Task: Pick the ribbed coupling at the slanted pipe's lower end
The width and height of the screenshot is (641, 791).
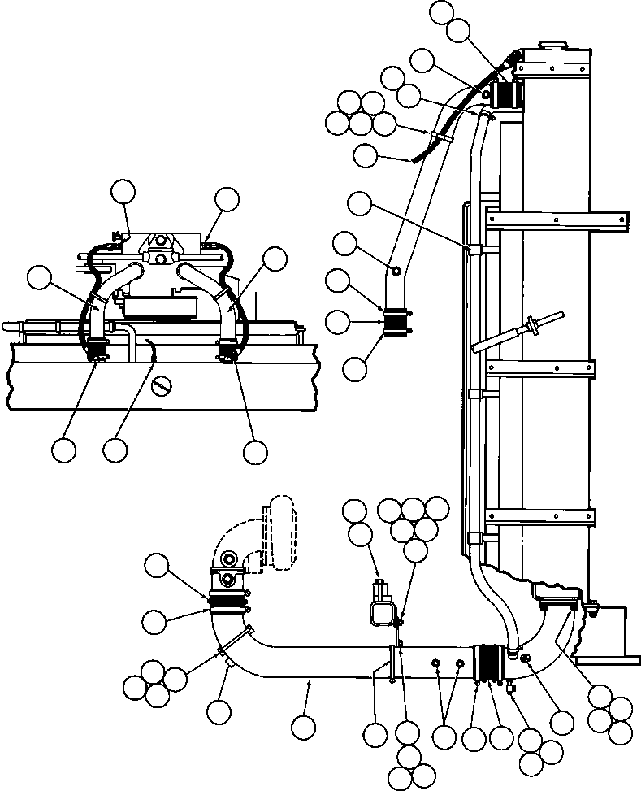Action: pos(396,323)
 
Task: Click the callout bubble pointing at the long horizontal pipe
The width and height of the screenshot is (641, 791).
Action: pos(304,725)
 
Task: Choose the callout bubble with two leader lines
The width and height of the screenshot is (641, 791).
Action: pos(444,737)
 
